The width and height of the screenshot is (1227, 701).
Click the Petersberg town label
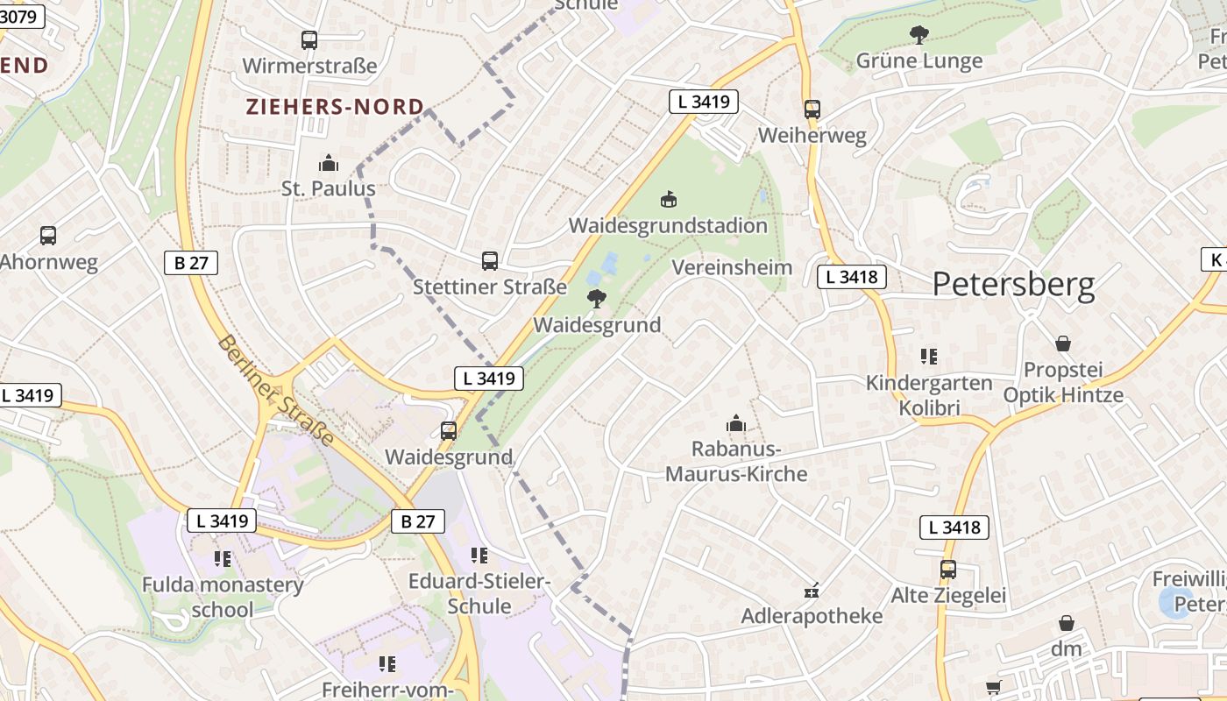(x=1013, y=285)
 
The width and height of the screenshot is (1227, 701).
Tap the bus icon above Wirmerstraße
(x=309, y=39)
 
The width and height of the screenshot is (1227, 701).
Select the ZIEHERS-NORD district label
(x=335, y=107)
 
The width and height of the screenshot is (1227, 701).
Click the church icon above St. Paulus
(x=329, y=163)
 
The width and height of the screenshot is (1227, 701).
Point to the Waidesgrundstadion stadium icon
(x=669, y=200)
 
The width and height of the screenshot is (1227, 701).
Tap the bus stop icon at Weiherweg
(x=812, y=110)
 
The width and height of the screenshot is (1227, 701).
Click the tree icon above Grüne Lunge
(x=918, y=35)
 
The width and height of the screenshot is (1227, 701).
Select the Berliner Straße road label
(x=275, y=390)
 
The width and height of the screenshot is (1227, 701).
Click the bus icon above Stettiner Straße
(x=490, y=260)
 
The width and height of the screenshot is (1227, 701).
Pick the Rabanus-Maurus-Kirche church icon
(x=736, y=424)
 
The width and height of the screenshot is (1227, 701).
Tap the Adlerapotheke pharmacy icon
(x=812, y=591)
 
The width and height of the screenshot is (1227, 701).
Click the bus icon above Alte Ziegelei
(x=947, y=570)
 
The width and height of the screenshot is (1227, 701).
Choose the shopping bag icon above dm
(x=1067, y=623)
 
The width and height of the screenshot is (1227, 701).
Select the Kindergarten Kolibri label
(x=929, y=395)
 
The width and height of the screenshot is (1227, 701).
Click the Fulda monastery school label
(x=223, y=597)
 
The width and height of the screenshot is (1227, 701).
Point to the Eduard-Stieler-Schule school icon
(x=479, y=556)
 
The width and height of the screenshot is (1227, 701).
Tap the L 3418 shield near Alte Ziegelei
(x=954, y=528)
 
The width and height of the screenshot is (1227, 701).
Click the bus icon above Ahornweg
(x=48, y=236)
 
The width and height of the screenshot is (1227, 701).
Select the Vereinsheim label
(x=732, y=267)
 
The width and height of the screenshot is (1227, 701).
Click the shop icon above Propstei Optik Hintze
(x=1063, y=343)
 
